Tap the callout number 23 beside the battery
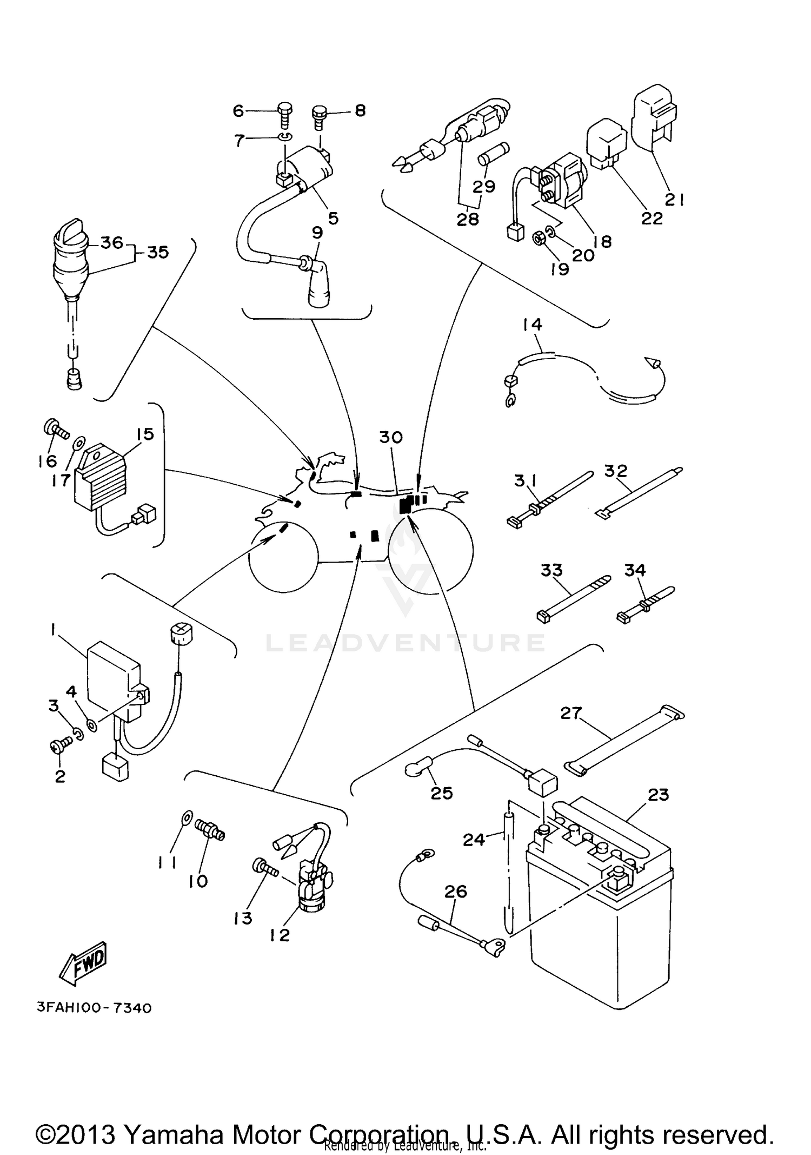(658, 794)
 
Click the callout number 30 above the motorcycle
(390, 437)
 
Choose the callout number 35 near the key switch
(158, 252)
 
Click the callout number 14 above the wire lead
(532, 325)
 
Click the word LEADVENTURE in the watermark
(405, 642)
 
